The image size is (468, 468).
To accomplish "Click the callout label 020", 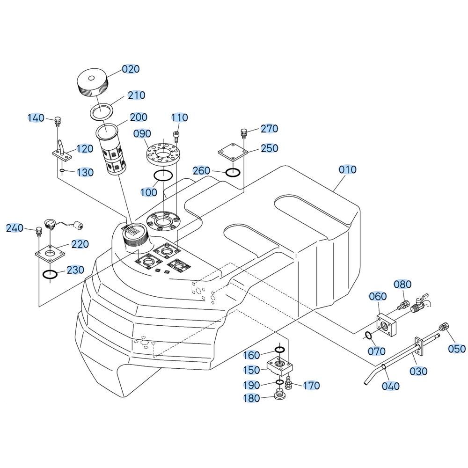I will pyautogui.click(x=131, y=69).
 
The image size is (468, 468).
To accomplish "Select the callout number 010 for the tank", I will pyautogui.click(x=347, y=169).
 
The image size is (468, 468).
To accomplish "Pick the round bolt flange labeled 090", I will pyautogui.click(x=161, y=153).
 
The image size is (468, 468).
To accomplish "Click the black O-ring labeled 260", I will pyautogui.click(x=233, y=173).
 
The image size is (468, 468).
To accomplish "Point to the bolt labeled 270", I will pyautogui.click(x=243, y=132).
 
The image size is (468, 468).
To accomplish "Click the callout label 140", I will pyautogui.click(x=36, y=118).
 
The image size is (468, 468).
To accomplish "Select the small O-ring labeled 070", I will pyautogui.click(x=368, y=335).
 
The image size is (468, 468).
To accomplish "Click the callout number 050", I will pyautogui.click(x=457, y=349).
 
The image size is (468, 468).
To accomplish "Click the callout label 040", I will pyautogui.click(x=391, y=386).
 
